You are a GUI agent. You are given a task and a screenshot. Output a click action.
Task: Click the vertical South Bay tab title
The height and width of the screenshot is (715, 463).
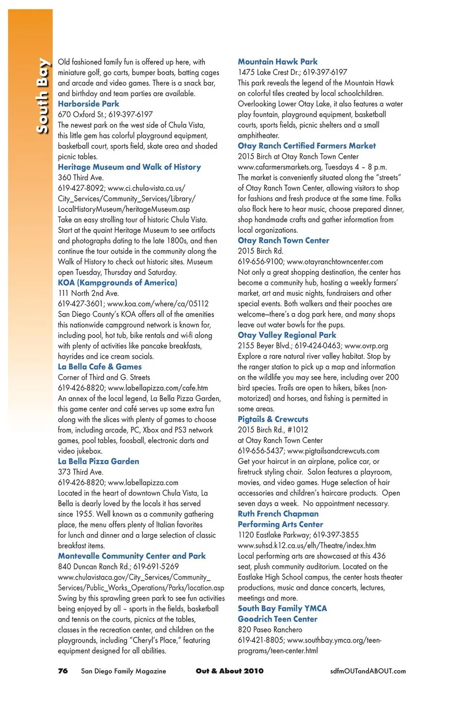pos(42,95)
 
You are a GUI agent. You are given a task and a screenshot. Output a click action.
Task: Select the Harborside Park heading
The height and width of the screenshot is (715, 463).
pos(88,104)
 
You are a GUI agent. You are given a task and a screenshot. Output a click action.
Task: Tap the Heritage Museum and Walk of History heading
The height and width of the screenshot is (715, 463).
pos(129,167)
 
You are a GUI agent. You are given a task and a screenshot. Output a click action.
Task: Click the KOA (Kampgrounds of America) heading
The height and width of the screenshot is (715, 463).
pos(117,283)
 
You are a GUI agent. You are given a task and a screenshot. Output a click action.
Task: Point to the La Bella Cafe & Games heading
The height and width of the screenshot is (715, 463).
pos(99,366)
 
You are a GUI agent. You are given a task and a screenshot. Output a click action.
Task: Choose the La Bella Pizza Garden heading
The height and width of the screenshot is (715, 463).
pos(98,461)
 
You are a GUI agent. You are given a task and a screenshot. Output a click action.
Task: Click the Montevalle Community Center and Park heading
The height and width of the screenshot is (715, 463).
pos(132,556)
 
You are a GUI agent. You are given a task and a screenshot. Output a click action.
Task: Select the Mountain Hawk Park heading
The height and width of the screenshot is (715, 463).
pos(277,62)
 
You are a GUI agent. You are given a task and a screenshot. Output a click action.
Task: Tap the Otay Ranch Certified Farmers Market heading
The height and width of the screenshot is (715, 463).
pos(306,146)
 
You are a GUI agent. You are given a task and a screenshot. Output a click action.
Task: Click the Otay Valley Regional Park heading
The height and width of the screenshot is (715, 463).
pos(286,335)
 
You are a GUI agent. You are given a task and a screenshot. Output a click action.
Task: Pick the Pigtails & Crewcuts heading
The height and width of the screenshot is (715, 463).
pos(272,419)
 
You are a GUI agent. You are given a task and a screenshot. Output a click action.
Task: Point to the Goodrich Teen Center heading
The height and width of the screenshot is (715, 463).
pos(277,619)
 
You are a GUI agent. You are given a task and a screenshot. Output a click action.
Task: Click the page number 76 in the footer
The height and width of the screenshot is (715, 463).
pos(63,671)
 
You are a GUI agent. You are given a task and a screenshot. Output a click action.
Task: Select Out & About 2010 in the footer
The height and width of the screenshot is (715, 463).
pos(230,671)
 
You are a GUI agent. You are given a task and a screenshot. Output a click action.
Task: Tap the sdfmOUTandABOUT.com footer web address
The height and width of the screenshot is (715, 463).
pos(368,671)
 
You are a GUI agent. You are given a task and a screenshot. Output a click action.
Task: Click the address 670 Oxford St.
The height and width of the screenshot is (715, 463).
pos(81,114)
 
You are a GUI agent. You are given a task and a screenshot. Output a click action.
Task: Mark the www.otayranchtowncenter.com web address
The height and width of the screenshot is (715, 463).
pos(335,262)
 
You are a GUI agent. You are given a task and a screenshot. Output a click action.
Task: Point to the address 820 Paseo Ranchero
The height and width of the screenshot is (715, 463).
pos(270,630)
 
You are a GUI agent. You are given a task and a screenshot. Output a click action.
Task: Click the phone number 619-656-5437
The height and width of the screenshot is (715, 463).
pos(260,451)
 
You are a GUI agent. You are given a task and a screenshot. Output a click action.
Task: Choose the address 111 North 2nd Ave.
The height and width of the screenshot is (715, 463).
pos(88,293)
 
